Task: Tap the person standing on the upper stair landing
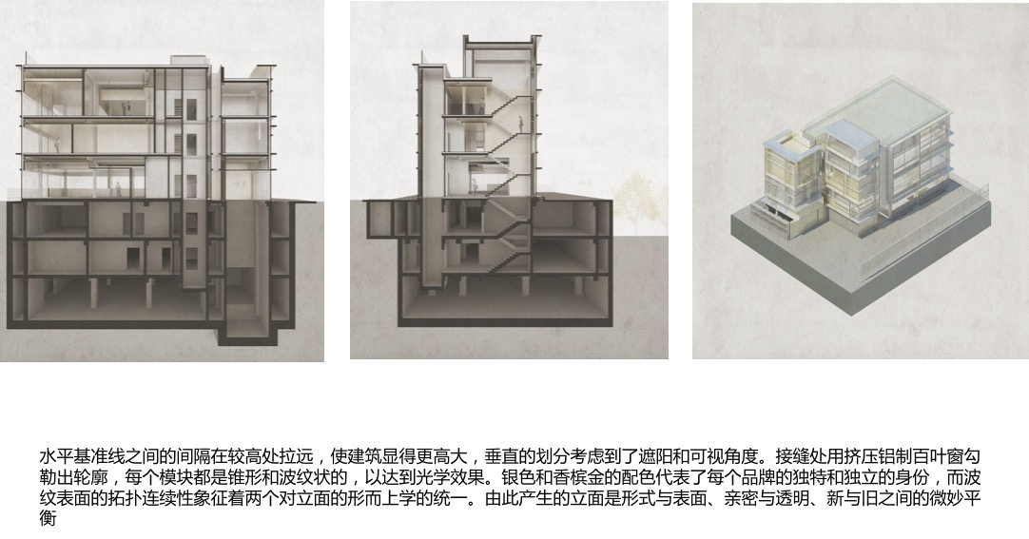pos(521,125)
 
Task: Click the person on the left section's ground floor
pos(119,189)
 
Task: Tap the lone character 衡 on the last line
pos(48,519)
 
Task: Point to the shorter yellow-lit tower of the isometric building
pos(786,176)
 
